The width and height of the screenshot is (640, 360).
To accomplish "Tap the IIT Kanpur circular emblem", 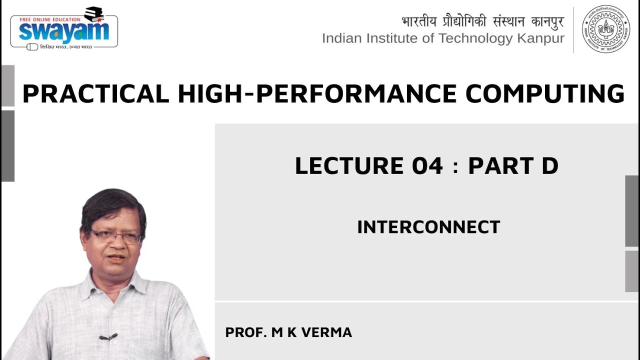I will click(x=606, y=29).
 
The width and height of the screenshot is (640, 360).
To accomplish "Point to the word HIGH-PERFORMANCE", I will click(x=317, y=94).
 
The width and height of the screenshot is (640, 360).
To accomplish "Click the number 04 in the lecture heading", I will click(x=427, y=166).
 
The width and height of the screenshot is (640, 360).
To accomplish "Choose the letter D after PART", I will click(x=549, y=166).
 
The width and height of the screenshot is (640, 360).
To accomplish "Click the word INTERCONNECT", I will click(x=428, y=227).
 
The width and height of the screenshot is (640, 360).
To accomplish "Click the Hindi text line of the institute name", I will click(x=482, y=22).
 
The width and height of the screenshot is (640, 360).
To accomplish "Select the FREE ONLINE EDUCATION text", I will click(x=46, y=19).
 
